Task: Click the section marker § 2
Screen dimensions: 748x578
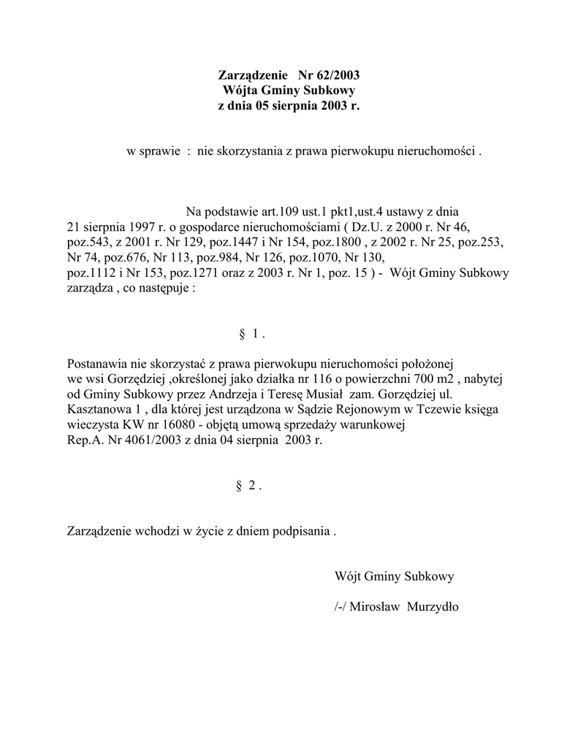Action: click(x=249, y=486)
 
